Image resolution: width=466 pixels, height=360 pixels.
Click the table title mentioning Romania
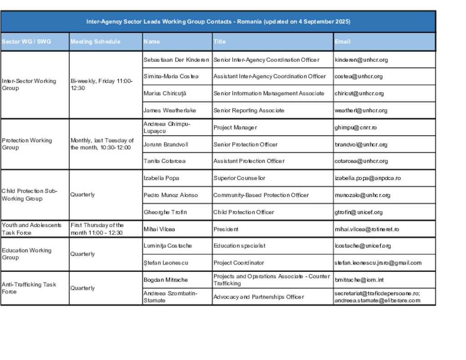pos(218,22)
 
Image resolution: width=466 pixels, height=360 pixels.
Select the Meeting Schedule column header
pos(96,42)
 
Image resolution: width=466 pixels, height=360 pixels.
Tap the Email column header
pos(343,42)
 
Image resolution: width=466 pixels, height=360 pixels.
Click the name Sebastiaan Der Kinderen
pos(176,60)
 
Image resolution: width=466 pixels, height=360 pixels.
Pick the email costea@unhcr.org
pos(359,76)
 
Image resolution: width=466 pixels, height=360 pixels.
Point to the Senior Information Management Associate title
pos(269,93)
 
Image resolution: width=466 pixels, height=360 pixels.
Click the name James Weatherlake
pos(170,111)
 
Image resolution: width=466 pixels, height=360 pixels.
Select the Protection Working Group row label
pos(27,144)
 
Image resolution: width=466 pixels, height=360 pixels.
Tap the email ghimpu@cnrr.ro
pos(356,128)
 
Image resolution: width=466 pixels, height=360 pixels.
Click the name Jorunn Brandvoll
pos(166,145)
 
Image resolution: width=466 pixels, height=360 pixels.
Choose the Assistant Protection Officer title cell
pos(249,161)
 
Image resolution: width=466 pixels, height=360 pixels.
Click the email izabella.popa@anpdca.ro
pos(368,178)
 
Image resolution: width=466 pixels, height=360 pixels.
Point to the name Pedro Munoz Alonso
pos(171,195)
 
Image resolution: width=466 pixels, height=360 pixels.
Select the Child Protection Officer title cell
pos(244,212)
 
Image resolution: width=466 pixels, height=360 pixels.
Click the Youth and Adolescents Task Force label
pos(31,229)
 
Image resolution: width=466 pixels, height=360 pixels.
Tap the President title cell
pos(226,229)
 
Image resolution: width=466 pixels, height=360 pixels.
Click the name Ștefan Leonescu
pos(166,263)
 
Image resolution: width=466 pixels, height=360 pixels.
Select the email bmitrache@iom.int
pos(359,280)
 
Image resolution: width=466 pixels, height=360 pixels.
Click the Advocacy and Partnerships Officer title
pos(258,297)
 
